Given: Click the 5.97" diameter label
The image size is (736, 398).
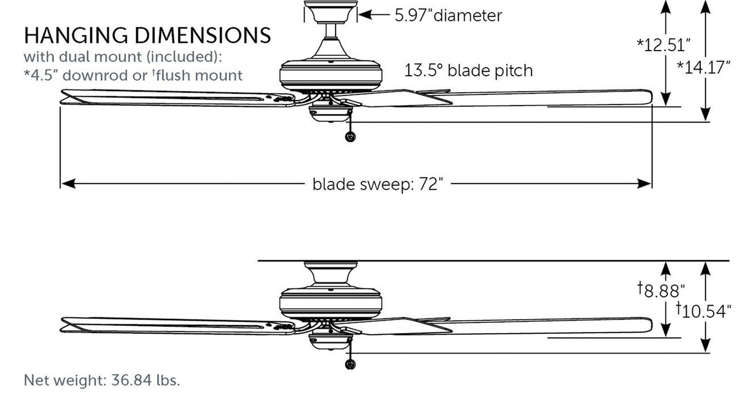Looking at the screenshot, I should (448, 15).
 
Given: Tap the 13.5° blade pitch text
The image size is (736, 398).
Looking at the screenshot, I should (469, 71).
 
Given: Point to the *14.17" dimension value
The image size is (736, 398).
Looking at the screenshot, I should (703, 68).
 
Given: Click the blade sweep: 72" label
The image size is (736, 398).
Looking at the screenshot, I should (377, 185).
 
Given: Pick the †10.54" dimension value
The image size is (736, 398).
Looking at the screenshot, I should (702, 311).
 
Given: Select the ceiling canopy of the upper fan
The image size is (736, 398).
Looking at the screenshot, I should (330, 11).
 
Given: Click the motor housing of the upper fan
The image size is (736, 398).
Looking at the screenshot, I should (330, 73).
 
